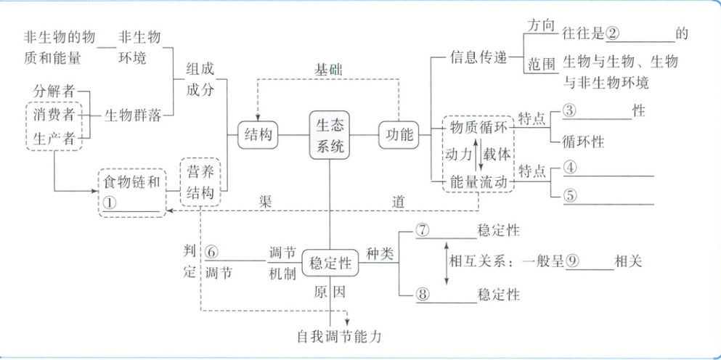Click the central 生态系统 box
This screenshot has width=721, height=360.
[330, 134]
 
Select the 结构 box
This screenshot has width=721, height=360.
[259, 135]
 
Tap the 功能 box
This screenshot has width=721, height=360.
[399, 135]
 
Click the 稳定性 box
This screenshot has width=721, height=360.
[330, 263]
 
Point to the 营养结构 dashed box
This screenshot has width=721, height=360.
[199, 183]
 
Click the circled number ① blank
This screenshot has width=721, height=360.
[110, 204]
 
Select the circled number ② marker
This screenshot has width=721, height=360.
[613, 33]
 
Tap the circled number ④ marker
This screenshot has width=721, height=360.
[570, 167]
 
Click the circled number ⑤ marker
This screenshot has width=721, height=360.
[570, 195]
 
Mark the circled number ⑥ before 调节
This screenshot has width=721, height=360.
[211, 251]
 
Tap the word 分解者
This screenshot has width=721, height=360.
[54, 91]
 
